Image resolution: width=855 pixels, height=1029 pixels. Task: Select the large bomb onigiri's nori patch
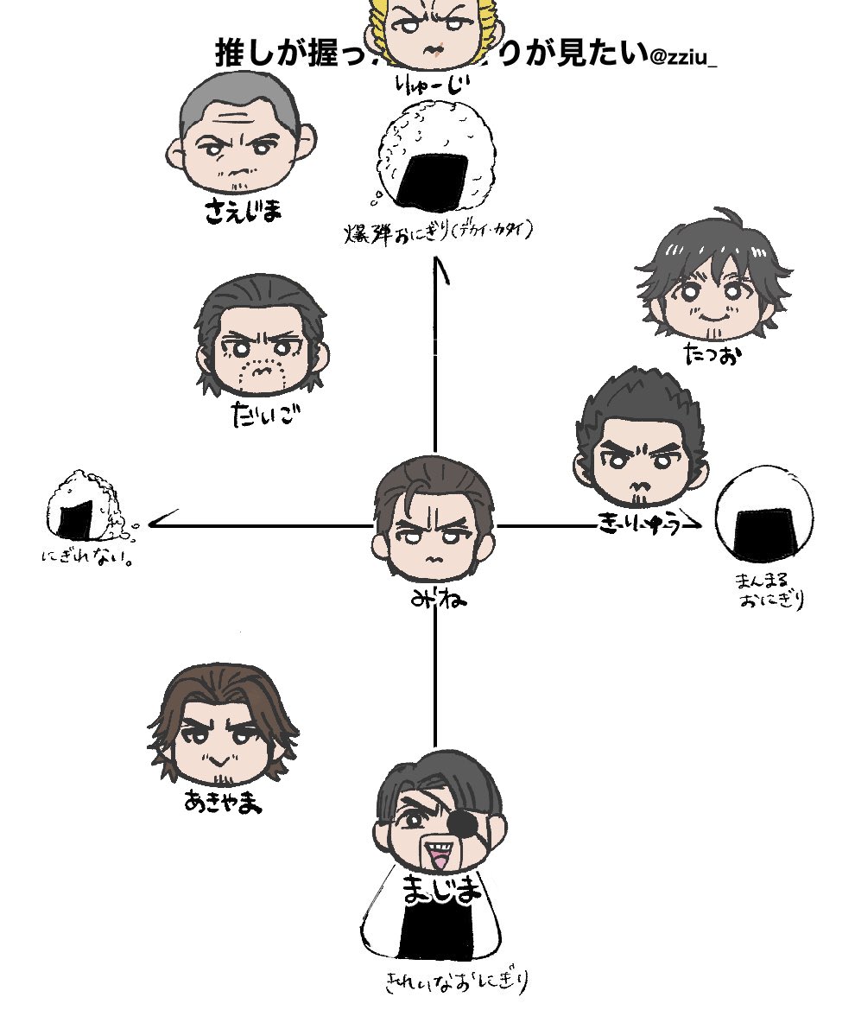433,180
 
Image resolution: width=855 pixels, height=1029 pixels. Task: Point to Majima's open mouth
436,860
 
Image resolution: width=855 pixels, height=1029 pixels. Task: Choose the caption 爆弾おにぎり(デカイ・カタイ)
440,232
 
